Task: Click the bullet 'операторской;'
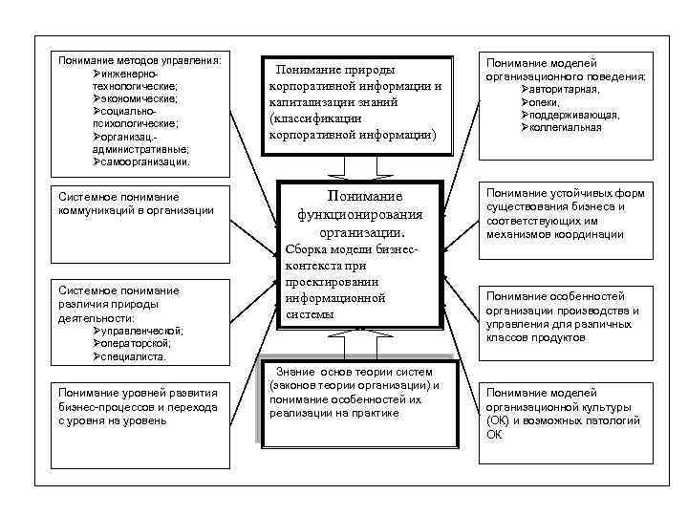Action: [x=138, y=343]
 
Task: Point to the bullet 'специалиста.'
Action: [x=135, y=356]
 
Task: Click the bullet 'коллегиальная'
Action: [x=572, y=127]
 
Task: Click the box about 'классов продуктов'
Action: [x=563, y=311]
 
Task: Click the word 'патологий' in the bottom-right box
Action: [x=608, y=419]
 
